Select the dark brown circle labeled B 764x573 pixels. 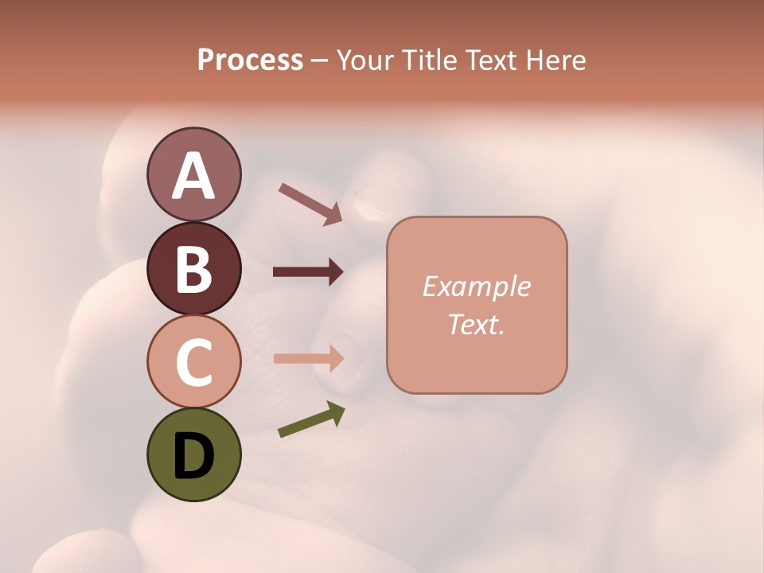(x=193, y=268)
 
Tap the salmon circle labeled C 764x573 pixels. (x=193, y=361)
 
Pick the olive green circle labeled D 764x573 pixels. (x=193, y=454)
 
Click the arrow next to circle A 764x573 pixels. (x=310, y=204)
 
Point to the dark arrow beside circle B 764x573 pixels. (x=308, y=272)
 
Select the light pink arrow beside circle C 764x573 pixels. (x=308, y=358)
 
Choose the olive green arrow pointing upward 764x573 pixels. (x=311, y=419)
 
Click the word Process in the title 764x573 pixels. (x=250, y=60)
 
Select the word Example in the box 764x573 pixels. (x=476, y=286)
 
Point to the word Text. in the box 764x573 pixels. (x=476, y=324)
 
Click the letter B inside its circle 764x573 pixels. (x=193, y=269)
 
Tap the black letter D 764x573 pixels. (x=193, y=456)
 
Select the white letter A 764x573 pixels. (x=193, y=175)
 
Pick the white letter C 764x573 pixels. (x=193, y=362)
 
